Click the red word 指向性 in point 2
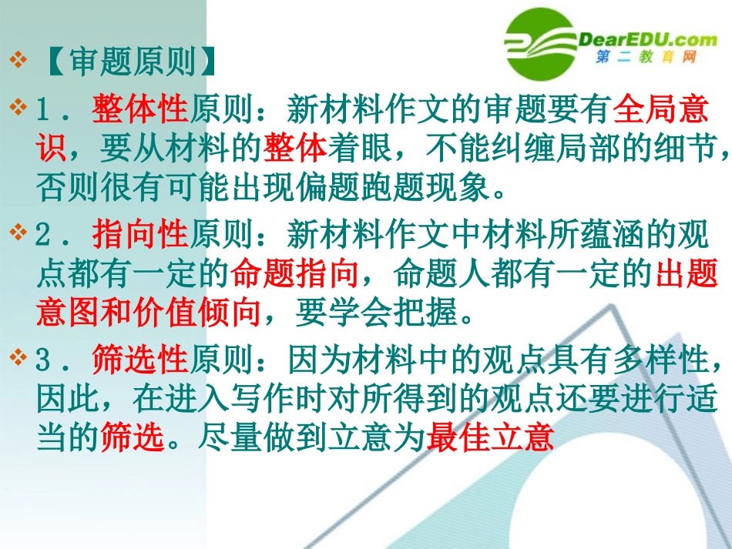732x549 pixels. [x=139, y=233]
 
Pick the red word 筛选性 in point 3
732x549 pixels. [x=139, y=358]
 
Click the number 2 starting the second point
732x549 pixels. [x=44, y=233]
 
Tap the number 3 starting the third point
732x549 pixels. [x=44, y=358]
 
